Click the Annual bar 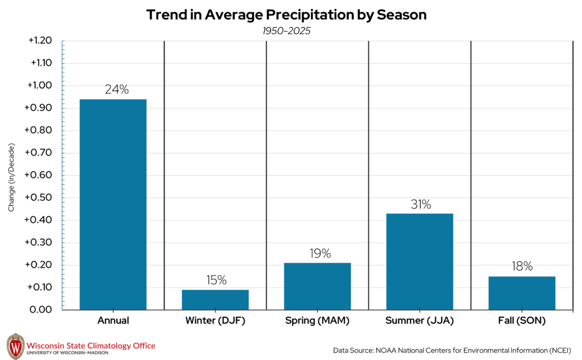pyautogui.click(x=113, y=205)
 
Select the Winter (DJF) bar pyautogui.click(x=215, y=300)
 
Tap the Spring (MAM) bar pyautogui.click(x=318, y=286)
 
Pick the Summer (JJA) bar pyautogui.click(x=419, y=262)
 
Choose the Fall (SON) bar pyautogui.click(x=522, y=293)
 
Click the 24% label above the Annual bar pyautogui.click(x=117, y=89)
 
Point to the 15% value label pyautogui.click(x=215, y=280)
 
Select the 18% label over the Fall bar pyautogui.click(x=522, y=266)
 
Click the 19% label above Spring pyautogui.click(x=320, y=254)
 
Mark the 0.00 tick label pyautogui.click(x=41, y=310)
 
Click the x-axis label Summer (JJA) pyautogui.click(x=419, y=321)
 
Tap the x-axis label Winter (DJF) pyautogui.click(x=215, y=321)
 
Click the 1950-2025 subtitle pyautogui.click(x=286, y=31)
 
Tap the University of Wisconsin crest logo pyautogui.click(x=15, y=346)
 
